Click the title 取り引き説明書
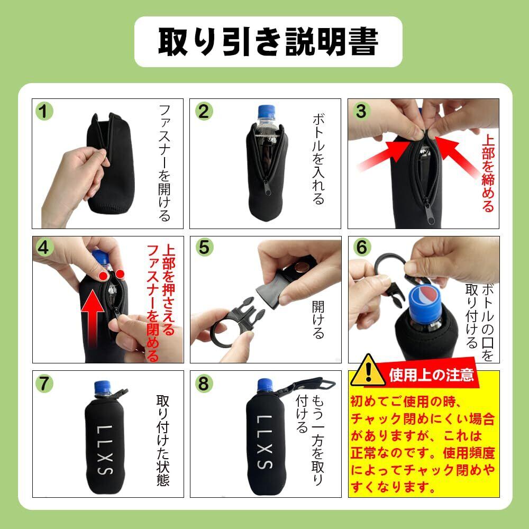pyautogui.click(x=268, y=41)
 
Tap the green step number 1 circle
pyautogui.click(x=44, y=111)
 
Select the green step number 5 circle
pyautogui.click(x=204, y=247)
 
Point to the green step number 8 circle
pyautogui.click(x=204, y=384)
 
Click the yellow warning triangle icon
pyautogui.click(x=368, y=370)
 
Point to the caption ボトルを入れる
pyautogui.click(x=318, y=159)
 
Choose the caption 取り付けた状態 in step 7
pyautogui.click(x=163, y=440)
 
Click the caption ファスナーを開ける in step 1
pyautogui.click(x=165, y=163)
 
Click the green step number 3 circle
pyautogui.click(x=361, y=111)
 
